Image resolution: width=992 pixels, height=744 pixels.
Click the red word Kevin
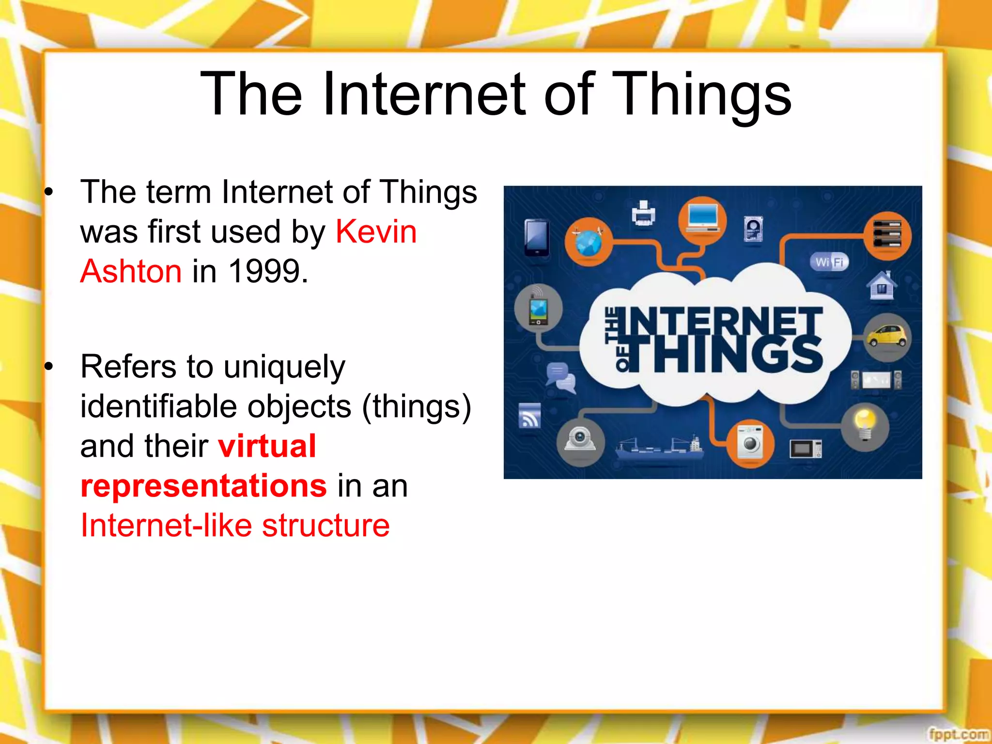click(376, 232)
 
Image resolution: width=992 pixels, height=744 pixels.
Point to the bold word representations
click(204, 486)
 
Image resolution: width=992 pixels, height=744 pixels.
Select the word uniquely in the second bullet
click(284, 367)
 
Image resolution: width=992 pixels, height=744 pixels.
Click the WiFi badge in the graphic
click(829, 263)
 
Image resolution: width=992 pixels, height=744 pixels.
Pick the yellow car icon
click(887, 336)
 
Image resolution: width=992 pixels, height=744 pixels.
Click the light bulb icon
click(865, 425)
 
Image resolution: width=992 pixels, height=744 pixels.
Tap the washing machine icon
click(750, 442)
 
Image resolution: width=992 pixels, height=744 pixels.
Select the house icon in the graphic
click(881, 286)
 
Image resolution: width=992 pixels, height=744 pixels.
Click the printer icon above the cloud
click(644, 213)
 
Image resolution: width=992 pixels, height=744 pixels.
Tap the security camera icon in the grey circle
click(580, 441)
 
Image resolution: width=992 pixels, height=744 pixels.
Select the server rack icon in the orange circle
click(887, 235)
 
